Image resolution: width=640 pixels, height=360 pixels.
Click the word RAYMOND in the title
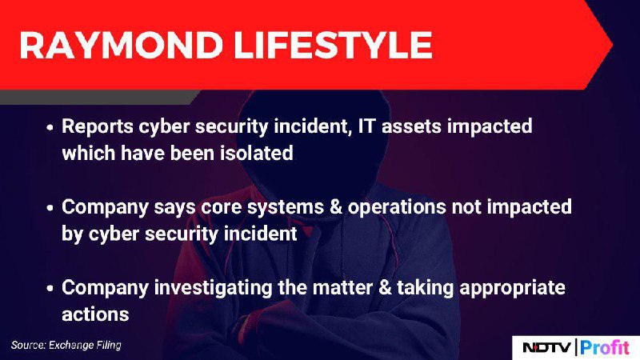(x=122, y=45)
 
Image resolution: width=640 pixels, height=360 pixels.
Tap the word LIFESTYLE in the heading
(x=333, y=45)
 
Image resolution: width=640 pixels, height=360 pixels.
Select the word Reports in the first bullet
(x=98, y=126)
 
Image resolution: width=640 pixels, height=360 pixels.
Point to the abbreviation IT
(x=366, y=126)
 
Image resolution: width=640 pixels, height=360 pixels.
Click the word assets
(x=411, y=126)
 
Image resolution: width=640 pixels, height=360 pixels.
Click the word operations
(x=396, y=207)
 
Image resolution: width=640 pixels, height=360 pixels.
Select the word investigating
(x=213, y=288)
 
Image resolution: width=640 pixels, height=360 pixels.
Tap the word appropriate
(x=512, y=288)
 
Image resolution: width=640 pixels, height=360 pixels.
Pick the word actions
(x=95, y=314)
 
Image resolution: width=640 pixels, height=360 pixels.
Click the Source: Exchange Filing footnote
(x=66, y=346)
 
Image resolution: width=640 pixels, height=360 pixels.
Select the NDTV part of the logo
(x=547, y=347)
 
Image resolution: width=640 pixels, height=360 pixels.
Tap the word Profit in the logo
(x=605, y=347)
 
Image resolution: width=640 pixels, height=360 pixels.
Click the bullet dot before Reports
(x=50, y=127)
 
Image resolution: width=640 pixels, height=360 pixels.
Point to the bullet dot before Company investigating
(x=50, y=289)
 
